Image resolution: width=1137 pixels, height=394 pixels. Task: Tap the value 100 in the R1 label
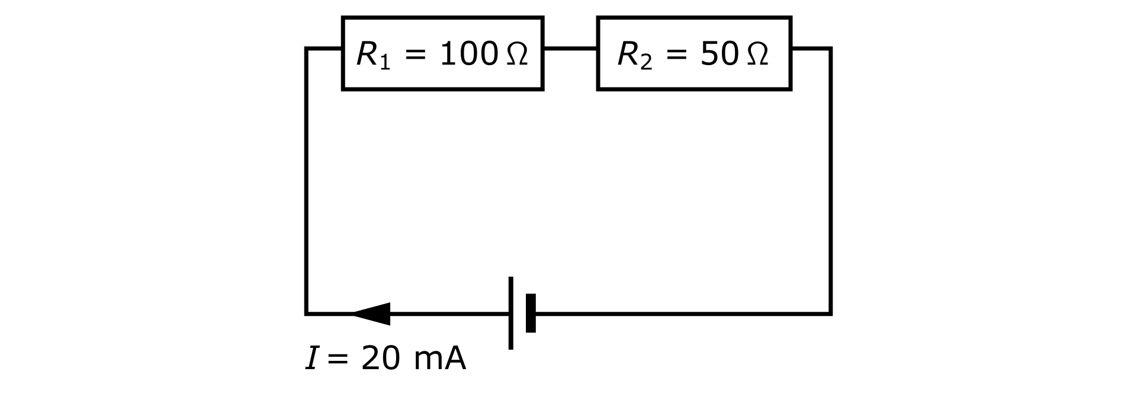468,54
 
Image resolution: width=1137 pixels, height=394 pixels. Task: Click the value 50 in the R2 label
718,54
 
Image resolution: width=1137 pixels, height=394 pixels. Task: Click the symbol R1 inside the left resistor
373,56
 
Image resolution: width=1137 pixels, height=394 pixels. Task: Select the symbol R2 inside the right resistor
634,56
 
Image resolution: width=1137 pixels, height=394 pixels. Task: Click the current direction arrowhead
372,314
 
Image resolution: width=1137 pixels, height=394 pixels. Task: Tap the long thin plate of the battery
510,312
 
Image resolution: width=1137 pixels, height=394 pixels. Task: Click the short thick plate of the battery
531,313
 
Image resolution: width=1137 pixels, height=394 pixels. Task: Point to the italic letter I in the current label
311,359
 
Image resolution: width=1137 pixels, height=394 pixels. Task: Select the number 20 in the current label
378,359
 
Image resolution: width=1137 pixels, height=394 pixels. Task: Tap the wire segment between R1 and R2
570,48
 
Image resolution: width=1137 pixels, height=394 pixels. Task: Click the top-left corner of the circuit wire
306,49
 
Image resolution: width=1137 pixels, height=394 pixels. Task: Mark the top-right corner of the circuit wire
830,49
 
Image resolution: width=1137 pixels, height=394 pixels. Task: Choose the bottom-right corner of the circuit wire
830,314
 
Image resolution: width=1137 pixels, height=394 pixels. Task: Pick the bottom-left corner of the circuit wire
306,314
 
